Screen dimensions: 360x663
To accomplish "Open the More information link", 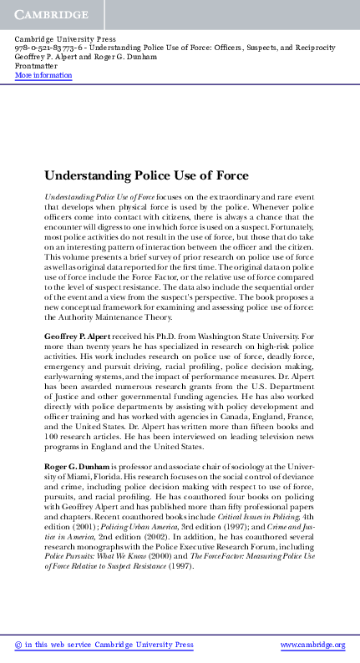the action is [x=43, y=76].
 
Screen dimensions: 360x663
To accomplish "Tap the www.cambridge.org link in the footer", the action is [x=312, y=645].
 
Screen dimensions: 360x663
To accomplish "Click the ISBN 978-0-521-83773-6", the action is [x=49, y=49].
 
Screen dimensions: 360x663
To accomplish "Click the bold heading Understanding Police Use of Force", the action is [x=146, y=176].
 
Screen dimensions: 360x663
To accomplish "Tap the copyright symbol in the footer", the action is [x=19, y=645].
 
